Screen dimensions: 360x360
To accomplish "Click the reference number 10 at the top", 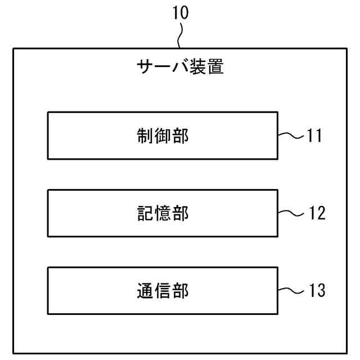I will [x=181, y=13].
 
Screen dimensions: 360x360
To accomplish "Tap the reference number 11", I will [x=314, y=136].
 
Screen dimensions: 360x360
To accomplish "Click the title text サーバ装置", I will [x=180, y=69].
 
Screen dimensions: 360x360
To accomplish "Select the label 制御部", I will [x=163, y=136].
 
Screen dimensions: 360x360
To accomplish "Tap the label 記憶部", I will [x=163, y=213].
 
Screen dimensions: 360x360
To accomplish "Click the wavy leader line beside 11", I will [x=291, y=135].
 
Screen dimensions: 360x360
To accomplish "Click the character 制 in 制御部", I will [x=145, y=136].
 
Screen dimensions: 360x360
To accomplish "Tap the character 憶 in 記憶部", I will [x=163, y=213].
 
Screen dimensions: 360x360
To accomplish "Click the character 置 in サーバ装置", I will [x=215, y=69].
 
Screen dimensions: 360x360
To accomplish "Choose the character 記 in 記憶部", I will [x=145, y=213].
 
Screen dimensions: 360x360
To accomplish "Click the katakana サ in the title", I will [x=145, y=69].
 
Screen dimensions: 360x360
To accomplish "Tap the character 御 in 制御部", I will [x=163, y=136].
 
